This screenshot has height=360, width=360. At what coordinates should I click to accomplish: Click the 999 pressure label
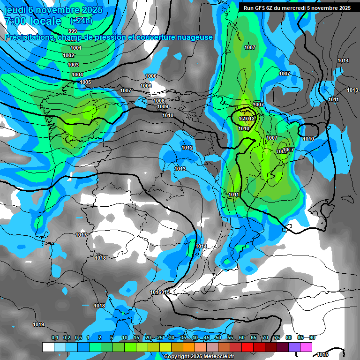pyautogui.click(x=73, y=44)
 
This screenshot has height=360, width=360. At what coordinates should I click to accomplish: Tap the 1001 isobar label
pyautogui.click(x=75, y=48)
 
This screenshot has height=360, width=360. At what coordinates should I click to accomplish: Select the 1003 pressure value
pyautogui.click(x=73, y=65)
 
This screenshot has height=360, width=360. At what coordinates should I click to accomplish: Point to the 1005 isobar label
pyautogui.click(x=85, y=82)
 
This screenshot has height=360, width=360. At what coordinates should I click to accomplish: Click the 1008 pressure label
pyautogui.click(x=159, y=101)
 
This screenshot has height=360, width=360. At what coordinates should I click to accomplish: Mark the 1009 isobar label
pyautogui.click(x=163, y=106)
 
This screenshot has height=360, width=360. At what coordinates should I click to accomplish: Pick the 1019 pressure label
pyautogui.click(x=38, y=324)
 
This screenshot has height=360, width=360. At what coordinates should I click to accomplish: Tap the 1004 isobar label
pyautogui.click(x=77, y=75)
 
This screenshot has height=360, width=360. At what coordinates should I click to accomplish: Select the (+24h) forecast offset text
pyautogui.click(x=81, y=21)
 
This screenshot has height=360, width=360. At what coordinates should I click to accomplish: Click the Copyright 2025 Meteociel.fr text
pyautogui.click(x=199, y=356)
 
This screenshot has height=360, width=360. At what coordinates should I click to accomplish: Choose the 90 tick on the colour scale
pyautogui.click(x=312, y=337)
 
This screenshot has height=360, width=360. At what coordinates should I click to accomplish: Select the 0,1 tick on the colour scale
pyautogui.click(x=54, y=337)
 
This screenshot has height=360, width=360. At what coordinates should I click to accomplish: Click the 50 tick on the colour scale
pyautogui.click(x=218, y=337)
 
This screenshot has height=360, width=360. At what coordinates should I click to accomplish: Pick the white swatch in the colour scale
pyautogui.click(x=48, y=347)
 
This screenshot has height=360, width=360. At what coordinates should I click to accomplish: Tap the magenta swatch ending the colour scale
pyautogui.click(x=306, y=347)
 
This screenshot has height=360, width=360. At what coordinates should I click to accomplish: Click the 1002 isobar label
pyautogui.click(x=68, y=55)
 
